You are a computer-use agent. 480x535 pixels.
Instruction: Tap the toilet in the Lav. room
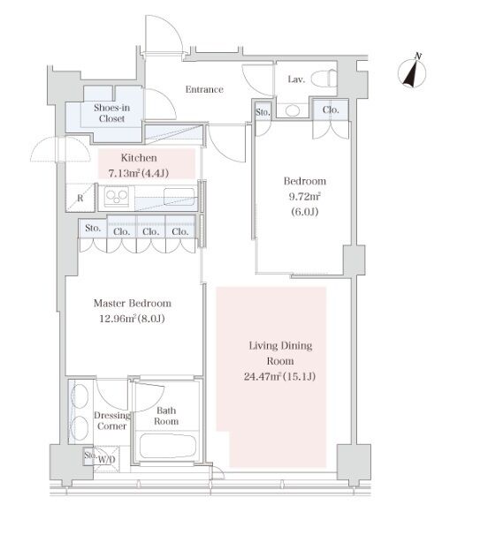[x=324, y=79]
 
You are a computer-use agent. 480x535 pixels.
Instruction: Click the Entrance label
[x=204, y=89]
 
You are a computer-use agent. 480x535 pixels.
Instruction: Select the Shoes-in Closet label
[x=111, y=113]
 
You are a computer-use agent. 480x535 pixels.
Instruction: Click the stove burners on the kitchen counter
[x=117, y=196]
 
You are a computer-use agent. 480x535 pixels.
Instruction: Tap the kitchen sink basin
[x=179, y=197]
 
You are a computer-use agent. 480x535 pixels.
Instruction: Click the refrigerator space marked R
[x=80, y=198]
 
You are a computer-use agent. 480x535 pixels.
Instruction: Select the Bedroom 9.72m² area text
[x=305, y=196]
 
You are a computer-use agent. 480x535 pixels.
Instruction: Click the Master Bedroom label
[x=133, y=303]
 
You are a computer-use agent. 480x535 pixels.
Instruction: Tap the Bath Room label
[x=166, y=416]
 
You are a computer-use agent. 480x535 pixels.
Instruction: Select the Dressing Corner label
[x=112, y=420]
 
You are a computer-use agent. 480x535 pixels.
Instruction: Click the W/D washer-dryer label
[x=107, y=459]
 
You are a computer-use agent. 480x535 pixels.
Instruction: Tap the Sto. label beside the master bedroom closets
[x=93, y=228]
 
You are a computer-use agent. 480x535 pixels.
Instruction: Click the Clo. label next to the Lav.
[x=331, y=109]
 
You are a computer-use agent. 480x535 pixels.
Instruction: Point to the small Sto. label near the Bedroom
[x=263, y=112]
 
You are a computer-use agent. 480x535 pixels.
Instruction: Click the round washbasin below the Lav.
[x=293, y=110]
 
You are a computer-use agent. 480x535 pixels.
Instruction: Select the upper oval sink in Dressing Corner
[x=80, y=396]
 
